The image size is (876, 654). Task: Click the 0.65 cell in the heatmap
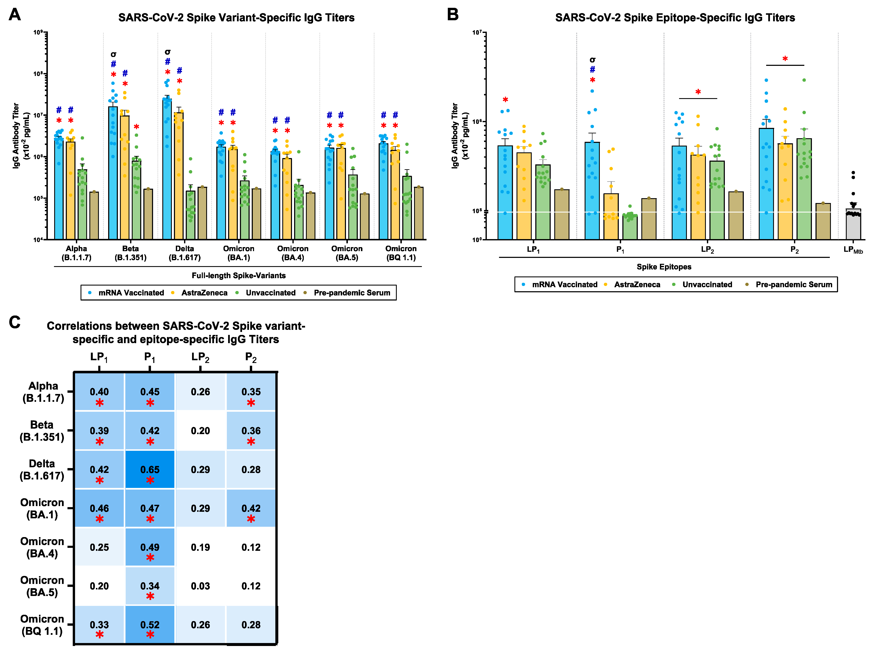coord(149,470)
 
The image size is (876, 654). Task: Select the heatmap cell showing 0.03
coord(200,586)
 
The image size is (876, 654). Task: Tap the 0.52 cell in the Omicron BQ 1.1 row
coord(149,625)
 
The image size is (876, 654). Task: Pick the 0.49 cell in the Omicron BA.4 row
coord(149,547)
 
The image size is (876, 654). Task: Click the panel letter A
coord(15,15)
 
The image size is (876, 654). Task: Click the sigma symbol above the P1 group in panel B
coord(592,60)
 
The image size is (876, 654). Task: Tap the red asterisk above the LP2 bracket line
coord(698,92)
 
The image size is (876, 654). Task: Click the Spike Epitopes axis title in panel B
coord(664,267)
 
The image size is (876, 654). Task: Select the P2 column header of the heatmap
coord(251,357)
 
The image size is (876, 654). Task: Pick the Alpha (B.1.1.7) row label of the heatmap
coord(43,392)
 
